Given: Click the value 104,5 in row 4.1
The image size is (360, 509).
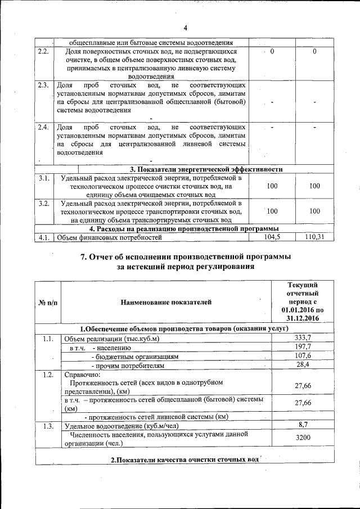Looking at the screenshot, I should tap(272, 238).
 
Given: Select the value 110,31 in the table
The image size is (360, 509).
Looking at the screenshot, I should tap(315, 238).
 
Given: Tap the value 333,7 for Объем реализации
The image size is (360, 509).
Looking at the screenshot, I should tap(303, 337).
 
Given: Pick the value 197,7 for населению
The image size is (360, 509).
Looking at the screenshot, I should tap(303, 346).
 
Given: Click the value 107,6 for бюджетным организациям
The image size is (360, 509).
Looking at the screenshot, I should tap(303, 355).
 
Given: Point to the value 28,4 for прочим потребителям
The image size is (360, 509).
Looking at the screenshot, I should tap(303, 364).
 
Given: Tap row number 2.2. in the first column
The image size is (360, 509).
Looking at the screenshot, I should tap(43, 52).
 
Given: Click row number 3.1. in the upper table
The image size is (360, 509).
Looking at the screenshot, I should tap(43, 178).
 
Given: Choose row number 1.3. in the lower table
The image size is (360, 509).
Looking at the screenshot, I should tap(47, 425).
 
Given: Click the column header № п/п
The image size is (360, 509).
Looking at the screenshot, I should tap(47, 303).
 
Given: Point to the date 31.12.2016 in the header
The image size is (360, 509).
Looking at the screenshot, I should tap(303, 318).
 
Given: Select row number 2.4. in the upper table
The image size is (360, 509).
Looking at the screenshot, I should tap(43, 128).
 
